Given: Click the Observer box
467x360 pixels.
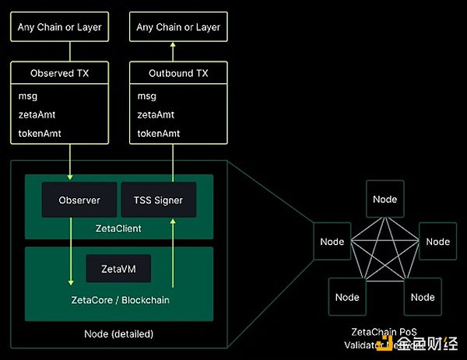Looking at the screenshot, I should pyautogui.click(x=79, y=200).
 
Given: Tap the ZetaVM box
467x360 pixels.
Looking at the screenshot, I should pyautogui.click(x=118, y=269).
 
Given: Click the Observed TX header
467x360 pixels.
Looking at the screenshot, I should pyautogui.click(x=60, y=74).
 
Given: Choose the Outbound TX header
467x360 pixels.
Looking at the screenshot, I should pyautogui.click(x=178, y=74).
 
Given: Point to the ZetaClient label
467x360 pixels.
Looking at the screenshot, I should pyautogui.click(x=118, y=227).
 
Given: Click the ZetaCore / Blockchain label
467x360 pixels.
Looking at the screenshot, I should pyautogui.click(x=118, y=299).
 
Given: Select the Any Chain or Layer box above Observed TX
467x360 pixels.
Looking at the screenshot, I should pyautogui.click(x=60, y=27).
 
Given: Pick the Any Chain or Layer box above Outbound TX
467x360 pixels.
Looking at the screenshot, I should pyautogui.click(x=178, y=27).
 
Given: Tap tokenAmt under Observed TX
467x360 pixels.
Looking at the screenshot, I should pyautogui.click(x=39, y=133).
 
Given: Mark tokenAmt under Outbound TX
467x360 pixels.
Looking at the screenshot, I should pyautogui.click(x=158, y=133).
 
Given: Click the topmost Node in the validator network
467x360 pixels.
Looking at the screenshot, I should pyautogui.click(x=384, y=199).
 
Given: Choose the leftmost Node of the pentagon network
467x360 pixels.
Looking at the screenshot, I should pyautogui.click(x=332, y=242).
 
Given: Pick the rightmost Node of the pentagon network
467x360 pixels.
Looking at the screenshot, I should pyautogui.click(x=437, y=242).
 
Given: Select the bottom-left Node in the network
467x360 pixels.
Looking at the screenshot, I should pyautogui.click(x=347, y=297).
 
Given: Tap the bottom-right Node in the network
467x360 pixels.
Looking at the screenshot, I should pyautogui.click(x=423, y=297).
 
